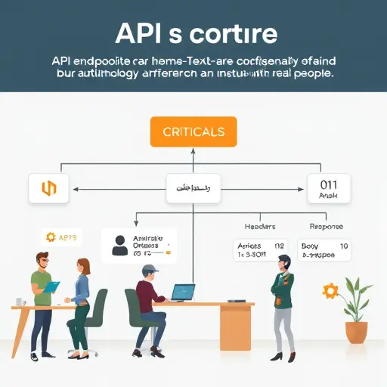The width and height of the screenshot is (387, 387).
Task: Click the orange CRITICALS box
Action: (x=193, y=132)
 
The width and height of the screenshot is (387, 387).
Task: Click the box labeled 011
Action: (x=329, y=188)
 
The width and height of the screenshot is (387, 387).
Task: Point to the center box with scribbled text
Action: (x=193, y=188)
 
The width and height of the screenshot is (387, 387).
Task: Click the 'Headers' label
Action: (x=260, y=226)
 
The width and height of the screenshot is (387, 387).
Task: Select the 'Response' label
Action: (x=326, y=226)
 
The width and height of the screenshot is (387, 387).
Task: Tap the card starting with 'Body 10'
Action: (x=324, y=250)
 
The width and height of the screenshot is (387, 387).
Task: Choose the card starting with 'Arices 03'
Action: (x=260, y=250)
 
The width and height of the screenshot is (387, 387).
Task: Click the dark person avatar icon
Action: (x=119, y=245)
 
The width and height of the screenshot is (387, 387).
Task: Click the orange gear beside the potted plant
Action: (x=329, y=291)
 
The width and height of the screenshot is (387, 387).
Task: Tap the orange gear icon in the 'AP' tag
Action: (x=51, y=237)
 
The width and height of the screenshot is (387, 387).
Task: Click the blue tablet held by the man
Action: (x=51, y=287)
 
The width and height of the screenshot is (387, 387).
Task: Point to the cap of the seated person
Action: (x=151, y=269)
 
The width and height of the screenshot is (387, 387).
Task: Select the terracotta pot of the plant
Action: (x=356, y=331)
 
